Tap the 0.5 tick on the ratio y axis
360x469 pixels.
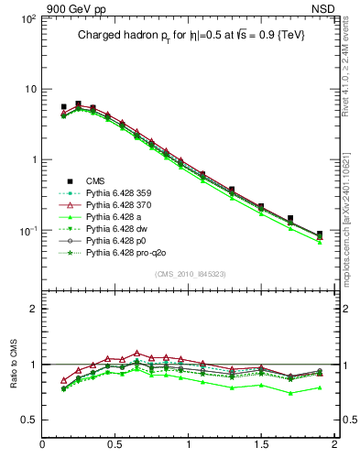[30, 420]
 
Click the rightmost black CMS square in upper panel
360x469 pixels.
[320, 234]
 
